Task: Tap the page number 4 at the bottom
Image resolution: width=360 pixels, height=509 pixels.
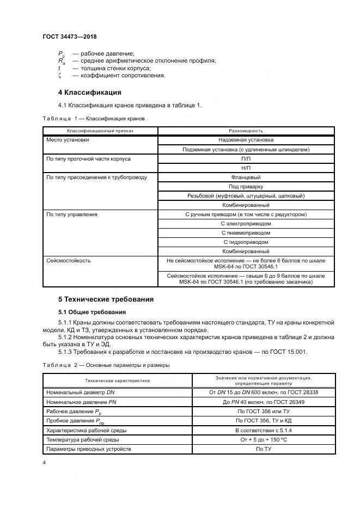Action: pos(44,463)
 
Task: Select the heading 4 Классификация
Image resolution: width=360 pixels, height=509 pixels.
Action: pos(89,92)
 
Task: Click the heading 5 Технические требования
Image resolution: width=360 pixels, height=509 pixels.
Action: pos(106,299)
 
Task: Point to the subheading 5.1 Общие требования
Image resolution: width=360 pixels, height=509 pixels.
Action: pos(91,312)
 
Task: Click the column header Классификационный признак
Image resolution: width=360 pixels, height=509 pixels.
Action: pos(100,131)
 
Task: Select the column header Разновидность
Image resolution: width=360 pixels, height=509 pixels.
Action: pos(246,131)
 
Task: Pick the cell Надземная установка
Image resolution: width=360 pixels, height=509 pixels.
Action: pos(246,140)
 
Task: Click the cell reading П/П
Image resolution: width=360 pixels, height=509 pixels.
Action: pos(246,158)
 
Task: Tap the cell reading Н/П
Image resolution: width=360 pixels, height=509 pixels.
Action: pos(246,168)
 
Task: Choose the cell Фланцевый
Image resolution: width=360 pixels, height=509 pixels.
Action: pos(246,177)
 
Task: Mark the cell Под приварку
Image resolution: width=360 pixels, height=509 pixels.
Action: pos(246,186)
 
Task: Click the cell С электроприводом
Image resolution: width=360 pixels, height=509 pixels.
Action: pos(246,223)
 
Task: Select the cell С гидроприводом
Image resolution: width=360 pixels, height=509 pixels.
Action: pos(246,242)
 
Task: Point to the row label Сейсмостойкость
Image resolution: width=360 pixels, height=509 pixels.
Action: pos(69,260)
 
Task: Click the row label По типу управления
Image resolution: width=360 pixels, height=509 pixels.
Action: pos(72,214)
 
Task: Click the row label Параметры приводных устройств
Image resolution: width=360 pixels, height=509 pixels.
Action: pos(89,449)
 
